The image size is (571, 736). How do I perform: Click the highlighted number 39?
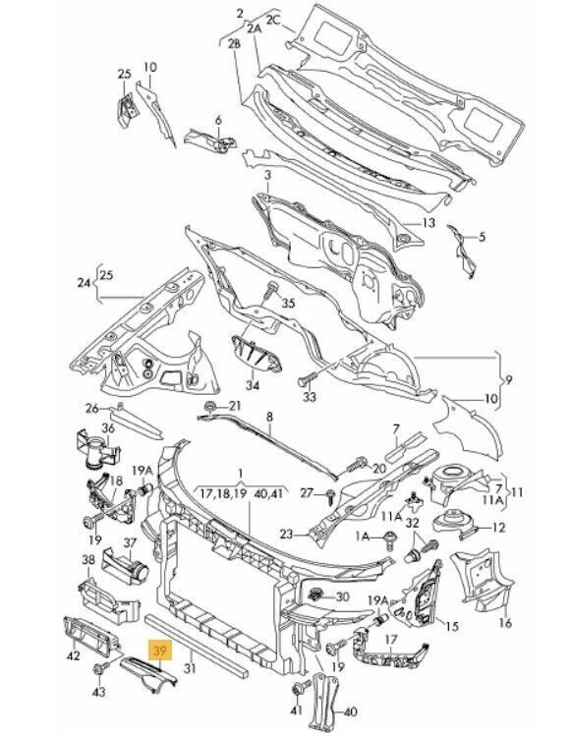pos(160,651)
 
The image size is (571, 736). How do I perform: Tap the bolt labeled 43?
pos(100,668)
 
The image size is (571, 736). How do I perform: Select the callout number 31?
pos(190,667)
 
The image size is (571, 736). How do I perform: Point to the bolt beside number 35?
pos(270,292)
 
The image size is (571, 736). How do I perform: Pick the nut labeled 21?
pos(210,406)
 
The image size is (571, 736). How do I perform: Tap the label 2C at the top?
pos(273,20)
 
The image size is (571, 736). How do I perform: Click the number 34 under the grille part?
pos(253,386)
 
